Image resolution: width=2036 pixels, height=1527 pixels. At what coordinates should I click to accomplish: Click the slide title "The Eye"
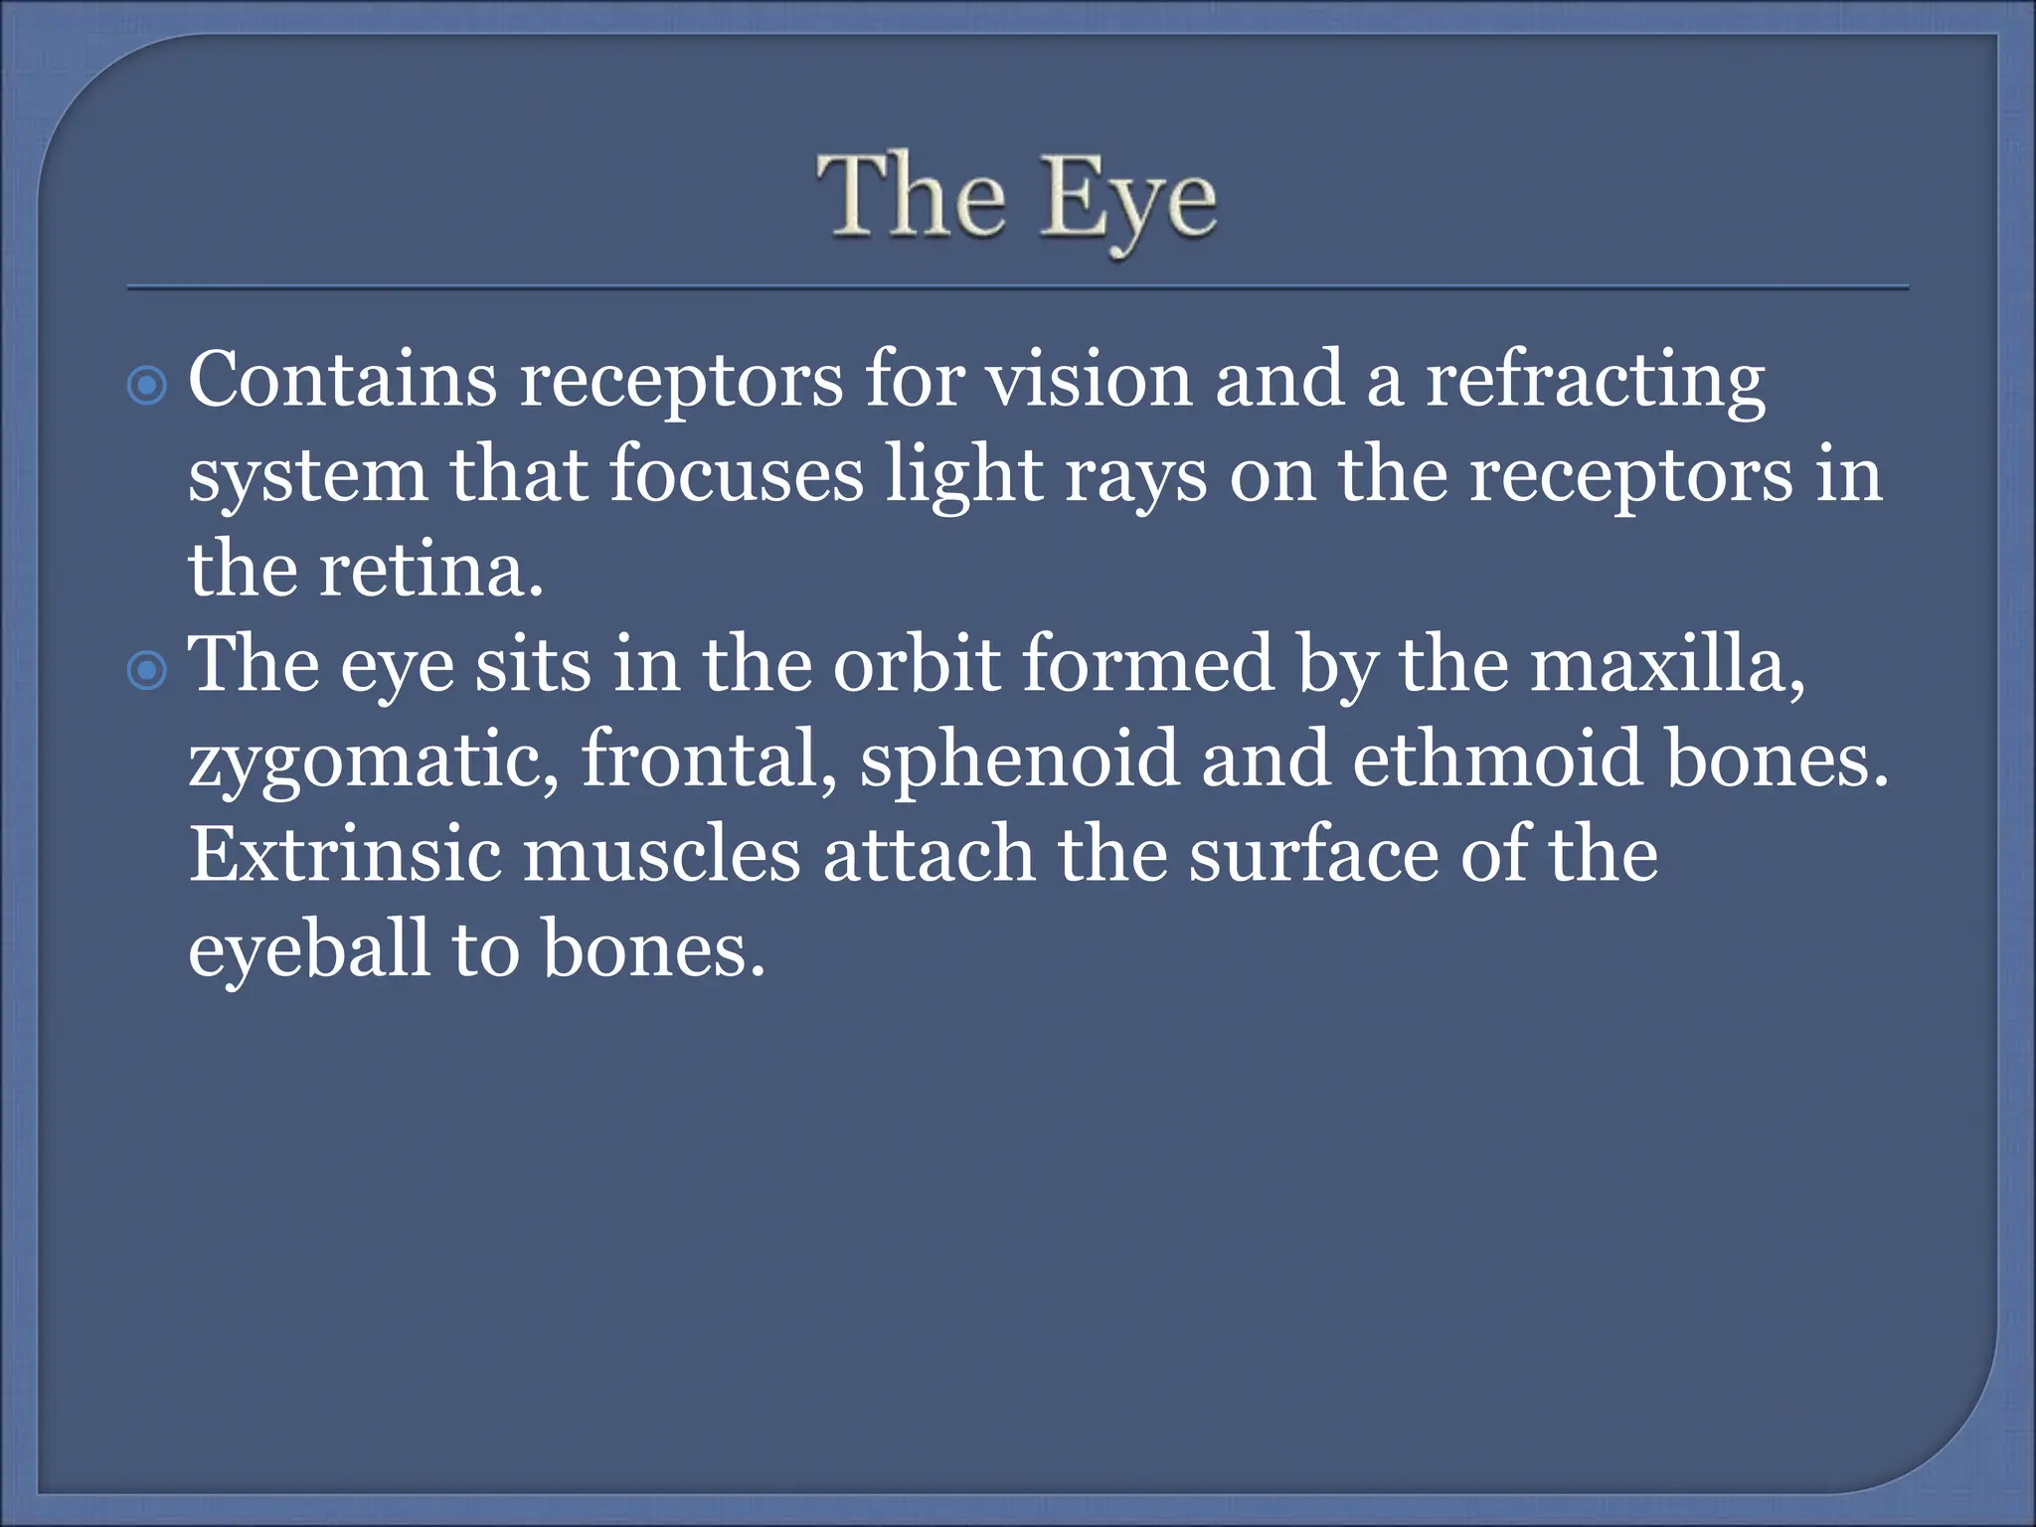1017,199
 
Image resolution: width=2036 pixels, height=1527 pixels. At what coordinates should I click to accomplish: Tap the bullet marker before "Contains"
148,386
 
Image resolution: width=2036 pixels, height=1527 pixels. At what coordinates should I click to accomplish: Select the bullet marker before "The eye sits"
148,671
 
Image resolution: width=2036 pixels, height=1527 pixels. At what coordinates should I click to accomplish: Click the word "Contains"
342,380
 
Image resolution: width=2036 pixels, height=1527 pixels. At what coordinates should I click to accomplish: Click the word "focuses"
737,475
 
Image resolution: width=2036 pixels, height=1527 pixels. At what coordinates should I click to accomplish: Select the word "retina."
431,571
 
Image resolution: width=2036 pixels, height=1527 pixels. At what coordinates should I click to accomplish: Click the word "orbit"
916,664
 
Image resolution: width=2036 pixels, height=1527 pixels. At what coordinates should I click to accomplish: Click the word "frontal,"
709,760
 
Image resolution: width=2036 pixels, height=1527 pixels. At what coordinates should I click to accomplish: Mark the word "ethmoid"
1496,760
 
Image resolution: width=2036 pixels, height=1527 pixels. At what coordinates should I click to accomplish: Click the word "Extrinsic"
345,855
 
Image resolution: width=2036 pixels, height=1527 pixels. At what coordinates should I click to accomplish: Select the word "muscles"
661,855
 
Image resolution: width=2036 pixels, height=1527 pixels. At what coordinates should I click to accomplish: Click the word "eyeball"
308,950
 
